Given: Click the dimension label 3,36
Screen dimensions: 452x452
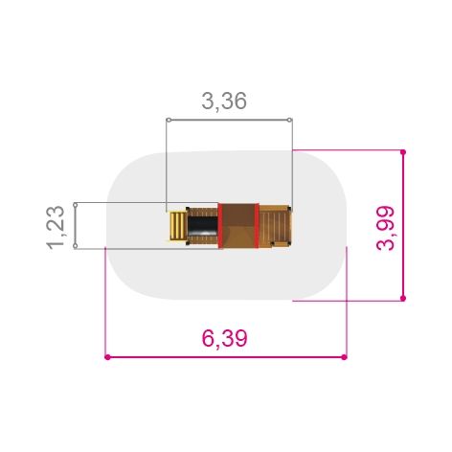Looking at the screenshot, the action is tap(224, 101).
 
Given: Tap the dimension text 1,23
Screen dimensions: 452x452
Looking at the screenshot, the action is tap(56, 227).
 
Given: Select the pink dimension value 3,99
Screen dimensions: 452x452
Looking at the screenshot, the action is tap(386, 228).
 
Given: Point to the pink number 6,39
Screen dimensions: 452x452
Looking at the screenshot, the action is tap(225, 338).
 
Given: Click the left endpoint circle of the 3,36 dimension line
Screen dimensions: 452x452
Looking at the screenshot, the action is tap(169, 120).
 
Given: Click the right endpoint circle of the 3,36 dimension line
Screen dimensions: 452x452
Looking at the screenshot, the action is tap(289, 120).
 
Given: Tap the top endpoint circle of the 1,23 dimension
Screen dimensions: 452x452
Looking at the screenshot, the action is tap(76, 204).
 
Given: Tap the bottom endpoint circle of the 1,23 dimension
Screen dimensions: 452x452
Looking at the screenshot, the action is tap(76, 246).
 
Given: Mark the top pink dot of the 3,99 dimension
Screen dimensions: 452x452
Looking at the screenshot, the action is tap(403, 152).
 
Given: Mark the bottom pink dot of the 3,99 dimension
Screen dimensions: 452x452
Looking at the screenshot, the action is tap(403, 298).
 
